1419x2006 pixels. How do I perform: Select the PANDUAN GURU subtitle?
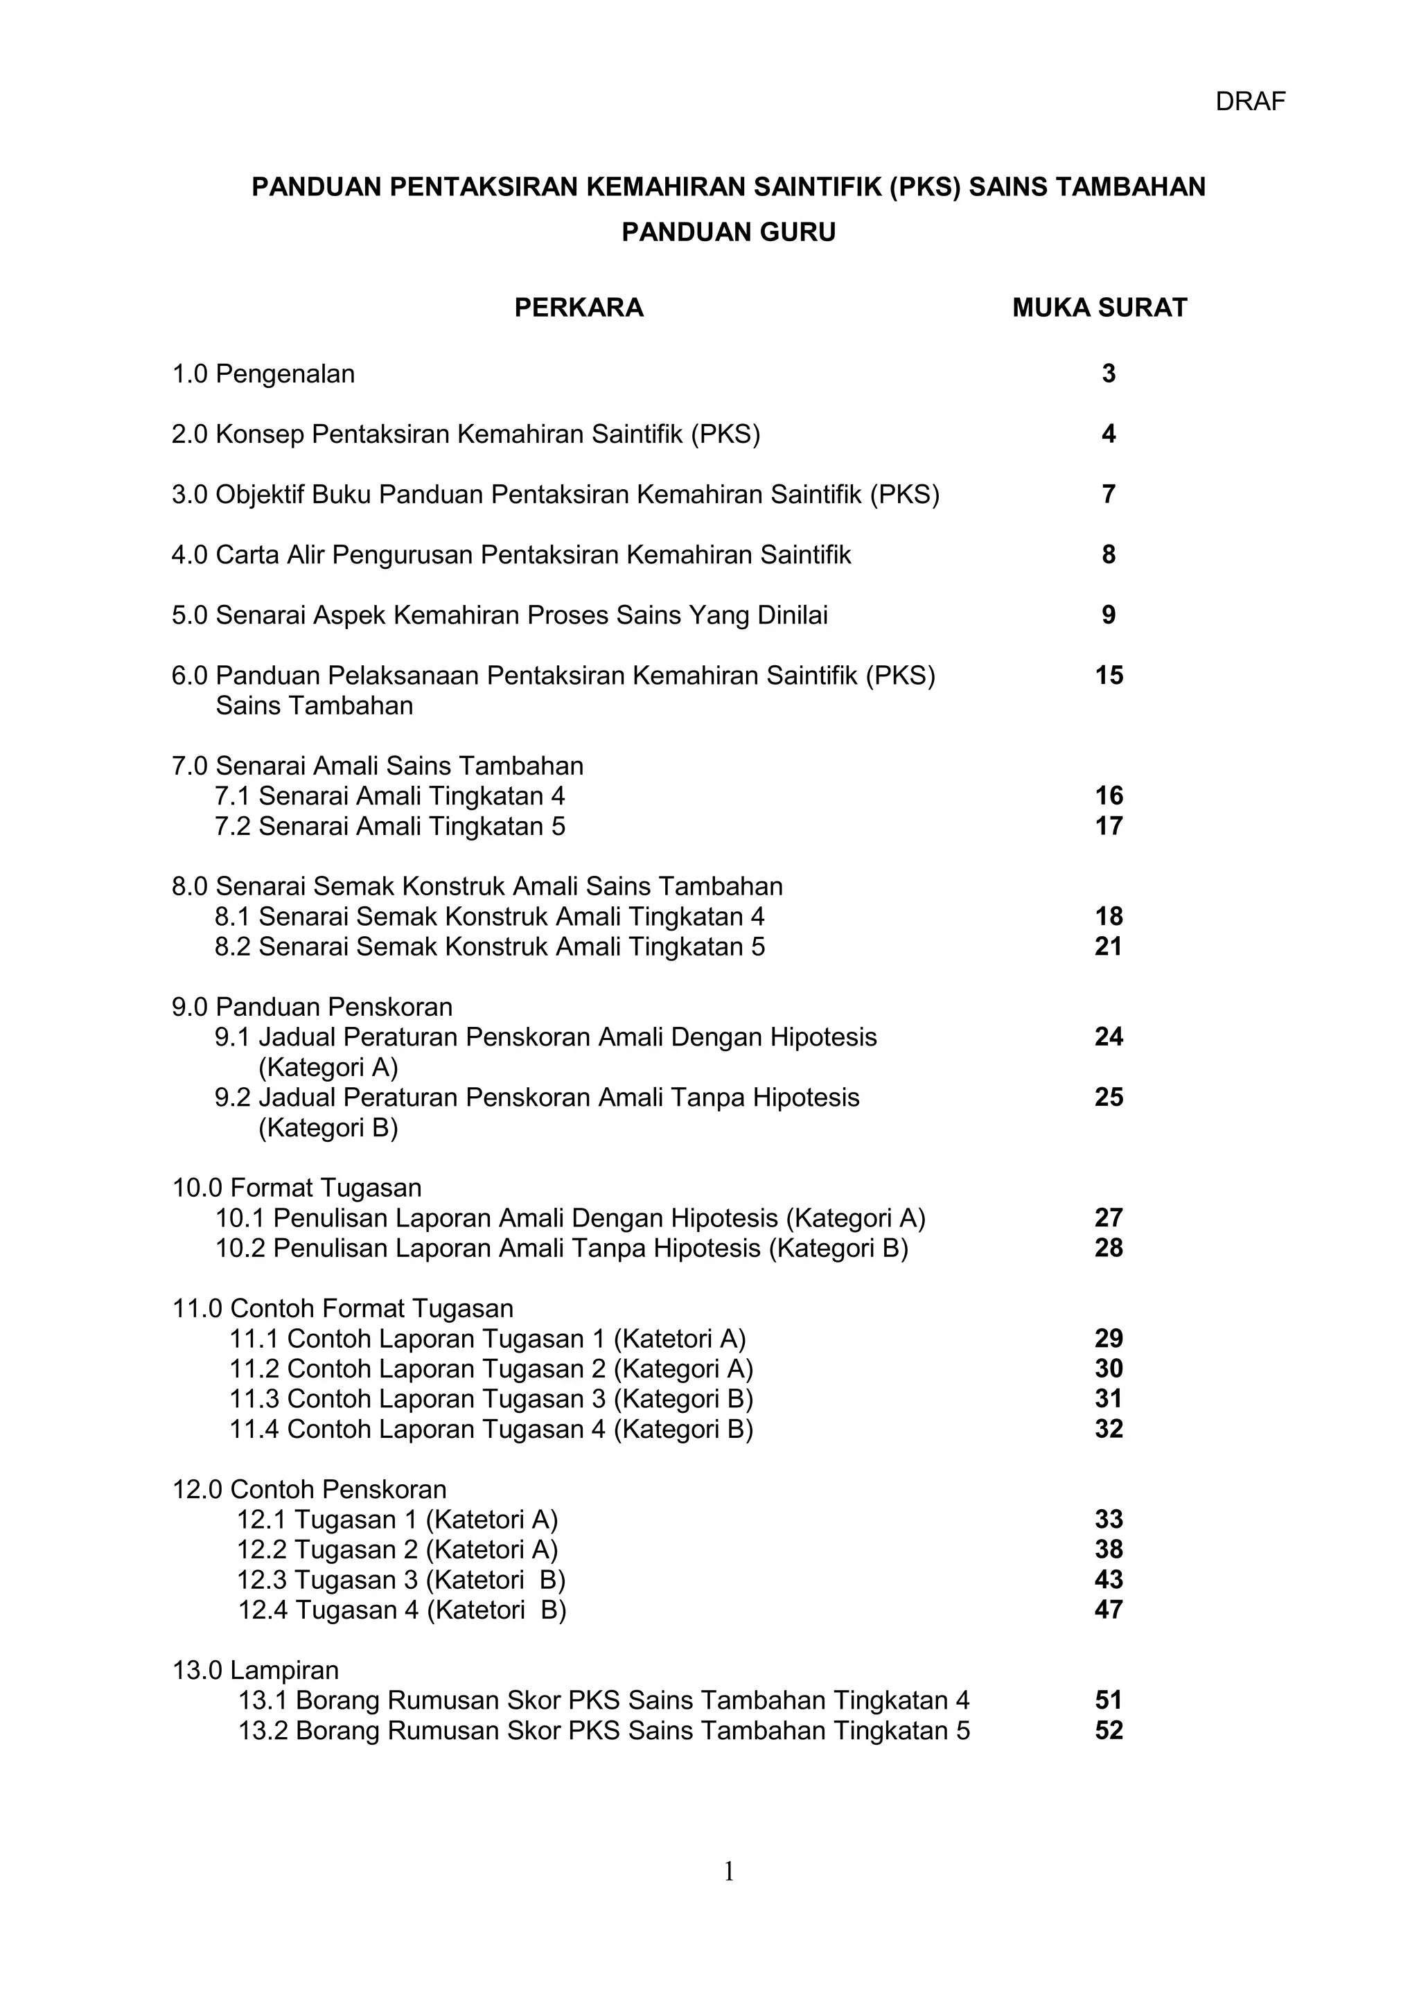729,232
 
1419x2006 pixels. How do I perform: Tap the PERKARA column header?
579,308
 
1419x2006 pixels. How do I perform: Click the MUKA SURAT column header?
1099,308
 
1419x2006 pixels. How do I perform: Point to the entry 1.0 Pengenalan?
263,374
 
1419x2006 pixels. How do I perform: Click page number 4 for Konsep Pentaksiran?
1109,434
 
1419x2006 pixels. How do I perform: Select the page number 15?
1109,676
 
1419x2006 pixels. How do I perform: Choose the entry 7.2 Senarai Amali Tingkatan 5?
389,827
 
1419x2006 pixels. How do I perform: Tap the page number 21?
1109,947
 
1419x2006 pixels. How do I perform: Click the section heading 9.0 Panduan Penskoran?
312,1008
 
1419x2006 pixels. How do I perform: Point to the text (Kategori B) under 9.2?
328,1128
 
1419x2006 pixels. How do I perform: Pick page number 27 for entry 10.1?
1109,1218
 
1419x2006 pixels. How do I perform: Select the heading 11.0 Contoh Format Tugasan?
342,1309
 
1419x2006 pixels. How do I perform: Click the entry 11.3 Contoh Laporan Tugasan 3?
491,1399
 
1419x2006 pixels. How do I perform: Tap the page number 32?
1109,1429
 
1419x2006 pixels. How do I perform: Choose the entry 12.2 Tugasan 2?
398,1550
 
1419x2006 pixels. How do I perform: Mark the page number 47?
1109,1610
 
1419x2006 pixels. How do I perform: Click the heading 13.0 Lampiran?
255,1671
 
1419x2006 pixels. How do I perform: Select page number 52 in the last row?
1109,1731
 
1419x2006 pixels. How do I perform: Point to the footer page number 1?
729,1872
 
